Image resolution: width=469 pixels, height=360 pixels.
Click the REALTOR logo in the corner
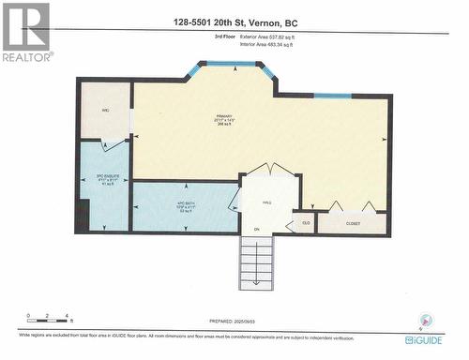click(x=25, y=33)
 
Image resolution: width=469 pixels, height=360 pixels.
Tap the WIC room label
click(x=105, y=111)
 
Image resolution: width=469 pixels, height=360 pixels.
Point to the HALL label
click(x=266, y=202)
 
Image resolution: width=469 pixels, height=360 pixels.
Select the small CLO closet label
click(x=305, y=223)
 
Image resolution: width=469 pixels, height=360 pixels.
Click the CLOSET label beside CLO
click(x=352, y=224)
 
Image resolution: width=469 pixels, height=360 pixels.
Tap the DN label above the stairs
click(x=256, y=229)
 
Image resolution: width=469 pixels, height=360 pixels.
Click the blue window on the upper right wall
click(x=332, y=96)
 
